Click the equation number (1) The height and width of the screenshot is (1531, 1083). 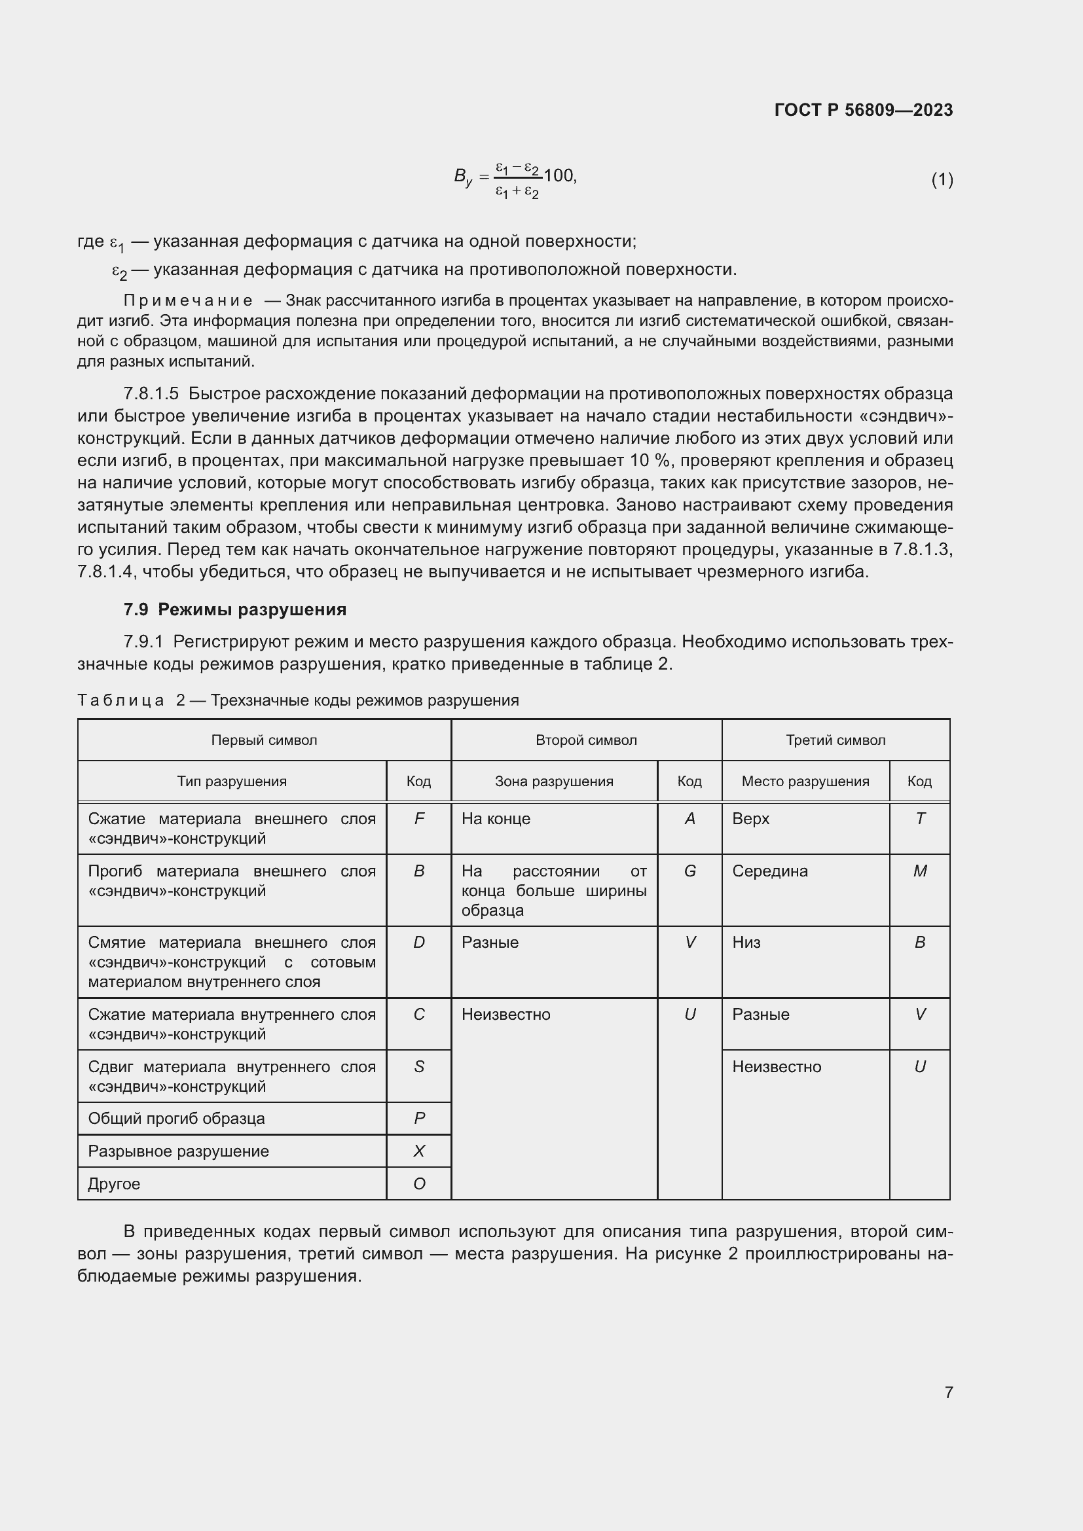pyautogui.click(x=942, y=179)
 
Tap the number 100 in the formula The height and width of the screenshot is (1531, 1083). pyautogui.click(x=558, y=175)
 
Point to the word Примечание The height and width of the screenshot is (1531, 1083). pyautogui.click(x=188, y=300)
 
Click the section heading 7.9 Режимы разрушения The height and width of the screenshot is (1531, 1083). pyautogui.click(x=235, y=609)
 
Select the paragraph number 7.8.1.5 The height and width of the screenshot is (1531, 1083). pyautogui.click(x=151, y=393)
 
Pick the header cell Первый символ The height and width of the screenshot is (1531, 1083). pyautogui.click(x=264, y=740)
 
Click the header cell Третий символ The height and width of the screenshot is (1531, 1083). pyautogui.click(x=835, y=740)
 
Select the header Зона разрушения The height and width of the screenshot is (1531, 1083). pyautogui.click(x=553, y=781)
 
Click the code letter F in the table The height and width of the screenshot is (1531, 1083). pyautogui.click(x=419, y=818)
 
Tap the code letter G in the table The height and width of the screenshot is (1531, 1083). pyautogui.click(x=689, y=871)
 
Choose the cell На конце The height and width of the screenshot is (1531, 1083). pyautogui.click(x=496, y=819)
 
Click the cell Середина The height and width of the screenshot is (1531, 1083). pyautogui.click(x=769, y=871)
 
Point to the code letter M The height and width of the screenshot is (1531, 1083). pyautogui.click(x=919, y=871)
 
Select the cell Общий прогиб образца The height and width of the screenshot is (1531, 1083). pyautogui.click(x=176, y=1118)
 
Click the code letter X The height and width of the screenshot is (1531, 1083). pyautogui.click(x=419, y=1151)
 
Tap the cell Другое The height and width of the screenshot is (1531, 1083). pyautogui.click(x=114, y=1183)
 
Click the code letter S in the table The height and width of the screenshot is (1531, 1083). pyautogui.click(x=419, y=1066)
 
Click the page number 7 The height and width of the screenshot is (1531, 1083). pyautogui.click(x=948, y=1392)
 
